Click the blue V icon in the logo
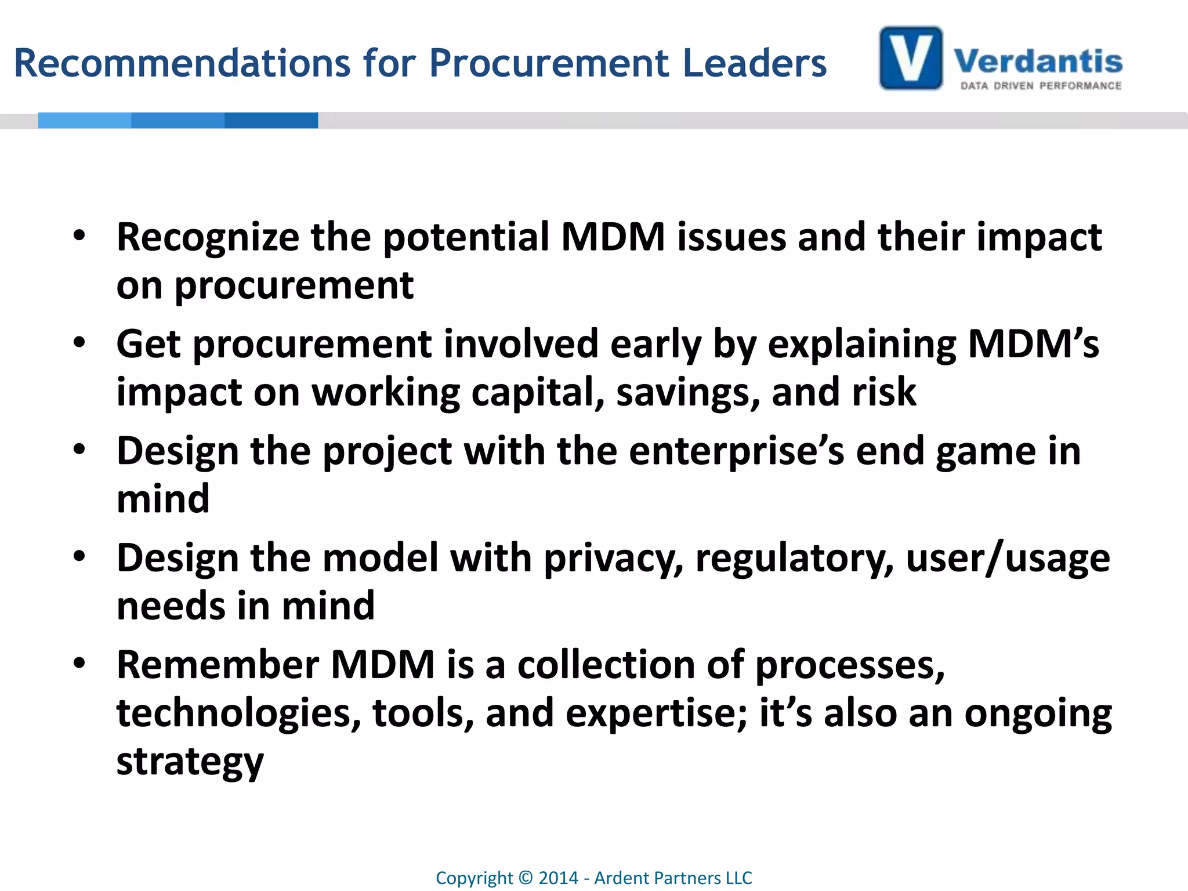[911, 58]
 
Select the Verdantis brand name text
[1038, 61]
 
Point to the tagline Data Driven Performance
[1041, 86]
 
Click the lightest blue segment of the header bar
[85, 120]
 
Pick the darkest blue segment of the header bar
[271, 120]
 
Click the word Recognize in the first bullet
[208, 238]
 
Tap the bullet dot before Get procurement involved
[79, 342]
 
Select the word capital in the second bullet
[538, 393]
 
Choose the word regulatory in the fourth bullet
[794, 559]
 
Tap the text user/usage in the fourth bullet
[1008, 559]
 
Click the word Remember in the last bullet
[218, 665]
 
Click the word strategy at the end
[190, 762]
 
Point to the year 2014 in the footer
[558, 878]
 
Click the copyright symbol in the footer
[526, 878]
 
